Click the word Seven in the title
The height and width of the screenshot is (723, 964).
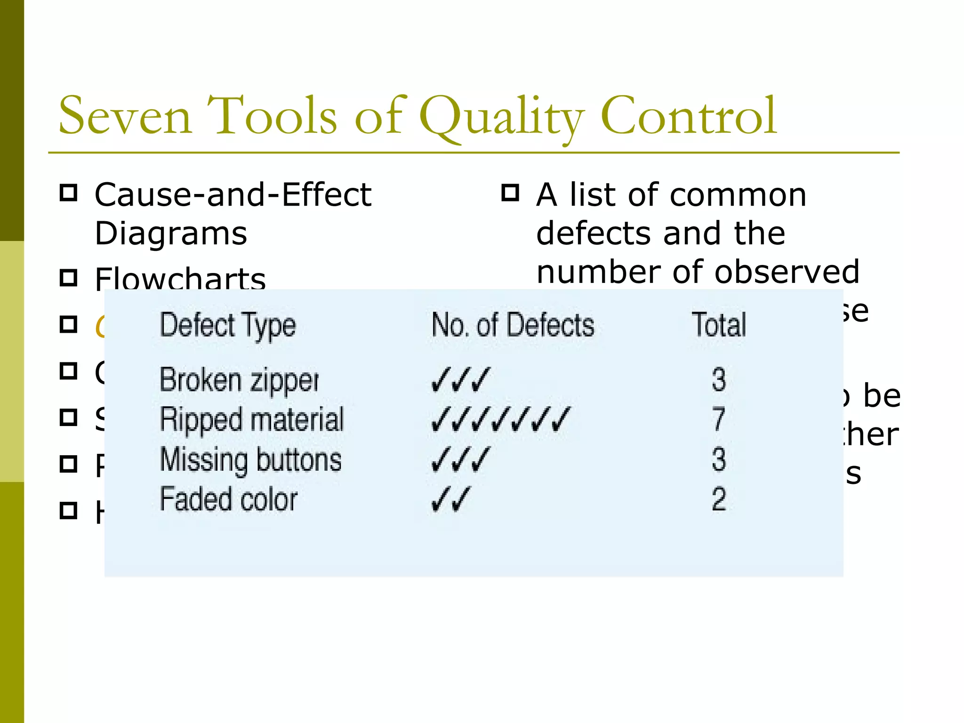pos(125,116)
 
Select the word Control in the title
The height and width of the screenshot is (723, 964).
pos(688,116)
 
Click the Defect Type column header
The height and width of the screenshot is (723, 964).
pos(228,326)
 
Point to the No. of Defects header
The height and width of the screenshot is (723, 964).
pos(513,325)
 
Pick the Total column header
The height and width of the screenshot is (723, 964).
pos(719,325)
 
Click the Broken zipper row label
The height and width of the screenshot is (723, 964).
pos(239,380)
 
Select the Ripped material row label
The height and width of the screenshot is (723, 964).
pos(252,419)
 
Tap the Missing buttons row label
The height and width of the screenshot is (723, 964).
pos(250,460)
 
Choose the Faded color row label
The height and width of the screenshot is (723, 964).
pos(229,499)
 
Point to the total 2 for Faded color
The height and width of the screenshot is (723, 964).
pos(719,499)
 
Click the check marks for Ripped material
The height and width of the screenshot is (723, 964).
pos(500,419)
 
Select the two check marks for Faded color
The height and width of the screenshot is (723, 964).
pos(450,499)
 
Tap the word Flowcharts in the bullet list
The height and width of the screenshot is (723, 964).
pos(180,279)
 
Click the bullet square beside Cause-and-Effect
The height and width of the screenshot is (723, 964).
pos(69,193)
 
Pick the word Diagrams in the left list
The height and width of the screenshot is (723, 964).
pos(171,233)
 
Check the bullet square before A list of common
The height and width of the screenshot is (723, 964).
pos(510,193)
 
